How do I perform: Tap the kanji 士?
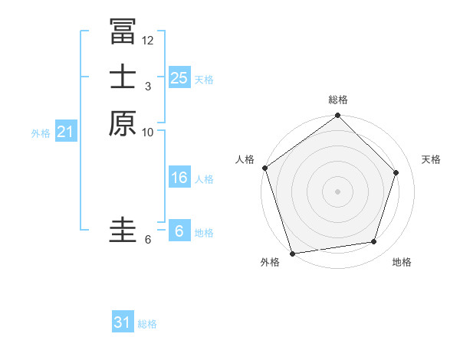tap(123, 77)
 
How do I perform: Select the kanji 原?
tap(123, 123)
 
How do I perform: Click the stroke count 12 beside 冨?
tap(148, 40)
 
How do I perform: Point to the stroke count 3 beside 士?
tap(147, 87)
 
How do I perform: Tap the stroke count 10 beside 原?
tap(148, 133)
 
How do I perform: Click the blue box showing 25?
tap(179, 77)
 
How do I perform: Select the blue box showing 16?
tap(179, 178)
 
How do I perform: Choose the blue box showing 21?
tap(66, 132)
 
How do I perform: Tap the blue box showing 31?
tap(123, 322)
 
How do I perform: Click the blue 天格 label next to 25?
tap(204, 79)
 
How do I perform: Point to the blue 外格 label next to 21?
tap(41, 133)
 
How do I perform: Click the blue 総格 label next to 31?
tap(147, 324)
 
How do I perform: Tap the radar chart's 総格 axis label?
tap(338, 100)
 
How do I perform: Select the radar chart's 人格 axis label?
tap(245, 159)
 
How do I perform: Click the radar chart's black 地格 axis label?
tap(402, 262)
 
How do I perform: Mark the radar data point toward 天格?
tap(396, 172)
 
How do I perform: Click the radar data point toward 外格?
tap(292, 253)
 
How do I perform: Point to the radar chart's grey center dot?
tap(337, 191)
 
